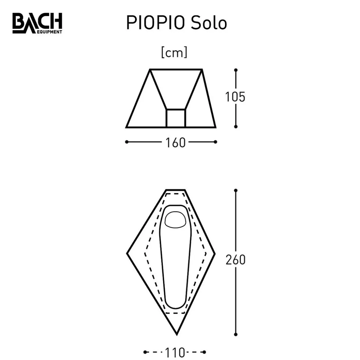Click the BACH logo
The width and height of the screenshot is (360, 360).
tap(37, 23)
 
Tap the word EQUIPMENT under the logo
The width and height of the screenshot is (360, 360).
tap(50, 32)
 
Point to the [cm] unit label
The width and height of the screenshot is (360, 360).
tap(174, 53)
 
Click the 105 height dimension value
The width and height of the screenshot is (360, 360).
tap(235, 97)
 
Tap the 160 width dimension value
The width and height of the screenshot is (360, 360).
tap(176, 143)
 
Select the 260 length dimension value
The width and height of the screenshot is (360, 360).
tap(235, 260)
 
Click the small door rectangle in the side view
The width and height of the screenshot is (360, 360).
tap(176, 118)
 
